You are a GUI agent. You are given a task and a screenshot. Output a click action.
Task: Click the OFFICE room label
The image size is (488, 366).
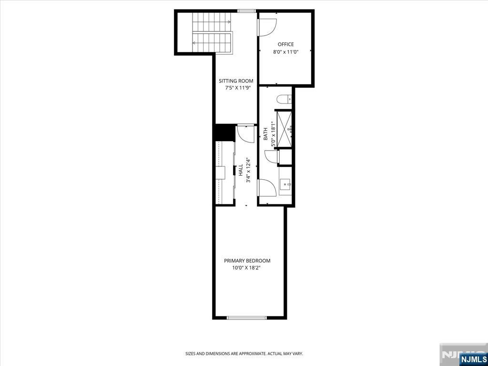286,44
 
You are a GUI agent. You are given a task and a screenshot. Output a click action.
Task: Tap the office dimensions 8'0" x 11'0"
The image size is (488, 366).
286,52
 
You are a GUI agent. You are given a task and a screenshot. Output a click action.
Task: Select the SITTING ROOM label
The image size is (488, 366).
236,81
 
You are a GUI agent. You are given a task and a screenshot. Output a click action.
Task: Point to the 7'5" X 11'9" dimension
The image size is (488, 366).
238,88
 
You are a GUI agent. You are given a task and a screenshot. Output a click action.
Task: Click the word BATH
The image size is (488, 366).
265,133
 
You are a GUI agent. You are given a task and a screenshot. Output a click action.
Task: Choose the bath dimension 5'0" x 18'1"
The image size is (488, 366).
273,134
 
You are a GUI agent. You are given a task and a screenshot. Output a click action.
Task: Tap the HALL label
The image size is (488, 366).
241,170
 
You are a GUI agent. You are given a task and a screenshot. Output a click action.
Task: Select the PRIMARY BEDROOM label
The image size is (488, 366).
247,261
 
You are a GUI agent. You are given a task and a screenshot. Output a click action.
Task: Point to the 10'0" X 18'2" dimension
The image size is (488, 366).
246,268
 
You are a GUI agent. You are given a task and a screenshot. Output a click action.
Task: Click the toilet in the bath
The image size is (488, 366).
284,99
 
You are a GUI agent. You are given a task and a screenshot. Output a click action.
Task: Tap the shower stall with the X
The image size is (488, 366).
284,129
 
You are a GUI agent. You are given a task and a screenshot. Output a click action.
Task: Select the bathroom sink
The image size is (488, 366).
285,186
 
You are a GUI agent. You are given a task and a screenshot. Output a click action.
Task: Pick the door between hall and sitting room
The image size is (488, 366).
245,133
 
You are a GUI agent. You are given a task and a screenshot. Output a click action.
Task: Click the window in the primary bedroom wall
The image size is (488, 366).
246,318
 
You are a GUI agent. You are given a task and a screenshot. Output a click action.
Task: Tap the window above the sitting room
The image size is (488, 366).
246,11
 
